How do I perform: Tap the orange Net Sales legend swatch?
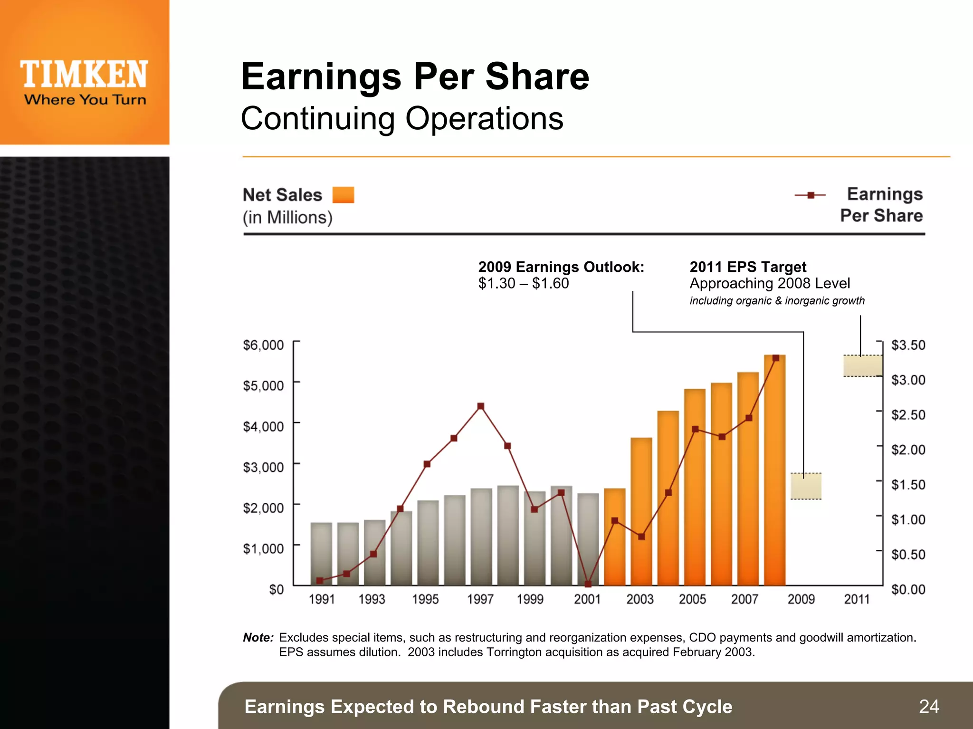[x=343, y=195]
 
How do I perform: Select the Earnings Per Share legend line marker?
[x=811, y=195]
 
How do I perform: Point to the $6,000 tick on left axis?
[x=263, y=345]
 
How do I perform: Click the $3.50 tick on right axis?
[x=908, y=345]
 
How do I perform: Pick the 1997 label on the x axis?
[x=480, y=599]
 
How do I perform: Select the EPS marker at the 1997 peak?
[x=481, y=406]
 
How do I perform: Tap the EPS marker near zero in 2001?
[x=588, y=584]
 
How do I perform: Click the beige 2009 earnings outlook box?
[x=806, y=486]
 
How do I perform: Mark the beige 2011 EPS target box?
[x=862, y=366]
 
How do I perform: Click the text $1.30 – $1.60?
[x=523, y=283]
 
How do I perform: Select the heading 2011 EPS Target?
[x=748, y=267]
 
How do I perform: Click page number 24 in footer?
[x=929, y=707]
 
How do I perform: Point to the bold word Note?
[x=258, y=637]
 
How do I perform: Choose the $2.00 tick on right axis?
[x=908, y=450]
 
